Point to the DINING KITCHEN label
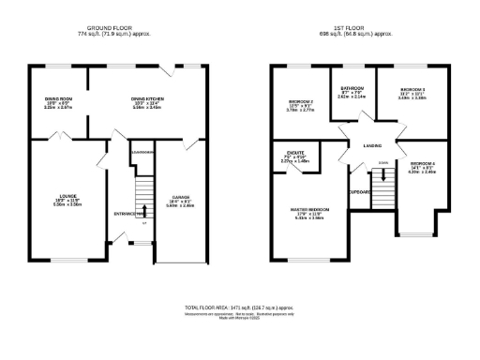149,98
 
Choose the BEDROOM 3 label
413,91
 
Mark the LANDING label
373,144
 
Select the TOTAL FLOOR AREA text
240,307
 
